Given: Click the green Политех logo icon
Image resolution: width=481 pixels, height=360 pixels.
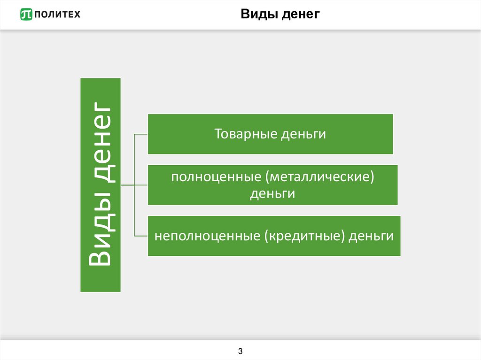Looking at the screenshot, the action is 26,15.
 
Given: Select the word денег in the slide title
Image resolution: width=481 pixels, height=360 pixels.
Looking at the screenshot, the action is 302,15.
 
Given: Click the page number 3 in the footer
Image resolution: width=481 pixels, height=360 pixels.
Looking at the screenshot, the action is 240,351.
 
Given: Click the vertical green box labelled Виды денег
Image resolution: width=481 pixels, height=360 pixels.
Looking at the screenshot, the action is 101,184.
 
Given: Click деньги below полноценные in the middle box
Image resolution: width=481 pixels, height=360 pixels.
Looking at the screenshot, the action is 272,193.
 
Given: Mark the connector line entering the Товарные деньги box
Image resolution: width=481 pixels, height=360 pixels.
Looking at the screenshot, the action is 141,134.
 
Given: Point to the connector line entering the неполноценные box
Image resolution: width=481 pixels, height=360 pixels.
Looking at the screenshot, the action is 141,236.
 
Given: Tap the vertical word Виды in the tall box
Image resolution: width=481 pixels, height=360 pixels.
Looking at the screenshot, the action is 101,239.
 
